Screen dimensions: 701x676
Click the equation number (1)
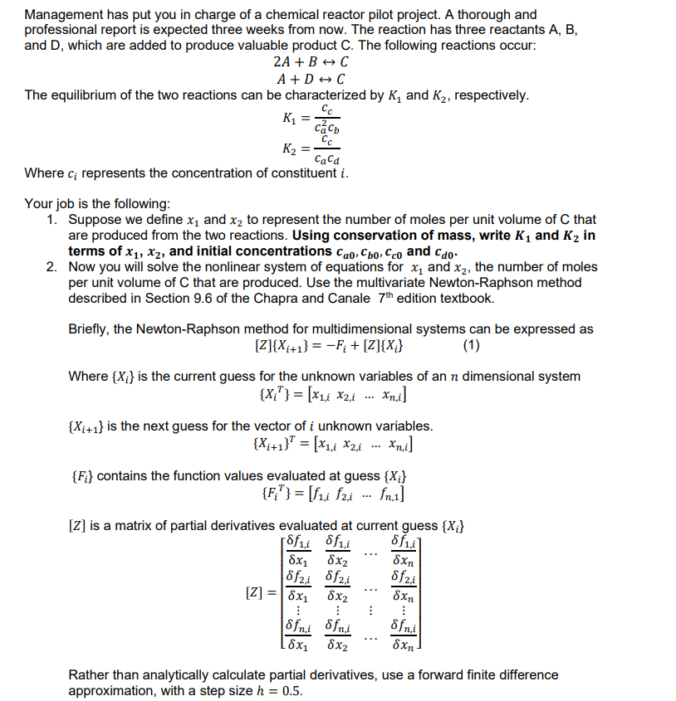[x=468, y=345]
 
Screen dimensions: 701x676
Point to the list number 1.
[x=51, y=220]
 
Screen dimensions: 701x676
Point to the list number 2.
[x=51, y=267]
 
